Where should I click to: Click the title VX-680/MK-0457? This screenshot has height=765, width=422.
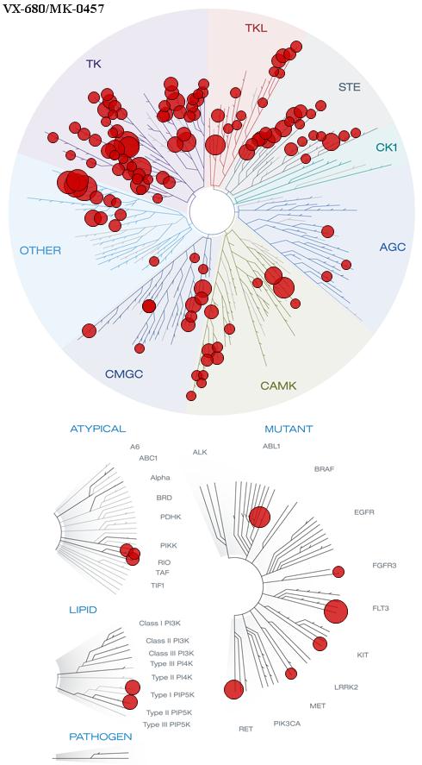pyautogui.click(x=53, y=9)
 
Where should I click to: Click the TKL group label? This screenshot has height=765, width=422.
pyautogui.click(x=256, y=28)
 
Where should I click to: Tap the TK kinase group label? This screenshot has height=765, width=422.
pyautogui.click(x=94, y=64)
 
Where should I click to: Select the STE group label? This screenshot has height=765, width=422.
pyautogui.click(x=350, y=88)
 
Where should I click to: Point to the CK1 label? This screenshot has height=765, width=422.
pyautogui.click(x=386, y=147)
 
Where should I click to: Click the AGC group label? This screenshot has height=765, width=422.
pyautogui.click(x=392, y=248)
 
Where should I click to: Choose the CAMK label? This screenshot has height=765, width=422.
pyautogui.click(x=278, y=386)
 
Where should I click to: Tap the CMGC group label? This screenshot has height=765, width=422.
pyautogui.click(x=124, y=374)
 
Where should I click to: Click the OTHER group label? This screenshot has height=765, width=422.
pyautogui.click(x=40, y=251)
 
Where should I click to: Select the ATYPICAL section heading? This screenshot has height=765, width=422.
pyautogui.click(x=98, y=429)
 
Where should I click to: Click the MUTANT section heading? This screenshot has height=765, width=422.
pyautogui.click(x=289, y=430)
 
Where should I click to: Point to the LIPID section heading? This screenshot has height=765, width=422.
pyautogui.click(x=83, y=610)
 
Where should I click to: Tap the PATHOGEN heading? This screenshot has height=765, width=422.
pyautogui.click(x=101, y=737)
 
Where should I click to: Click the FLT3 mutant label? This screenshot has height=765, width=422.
pyautogui.click(x=380, y=608)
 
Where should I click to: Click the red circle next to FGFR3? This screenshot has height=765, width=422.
pyautogui.click(x=338, y=572)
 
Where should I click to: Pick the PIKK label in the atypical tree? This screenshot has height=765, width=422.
pyautogui.click(x=165, y=545)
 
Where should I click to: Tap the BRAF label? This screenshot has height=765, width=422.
pyautogui.click(x=325, y=469)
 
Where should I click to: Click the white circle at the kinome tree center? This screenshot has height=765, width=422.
pyautogui.click(x=213, y=211)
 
